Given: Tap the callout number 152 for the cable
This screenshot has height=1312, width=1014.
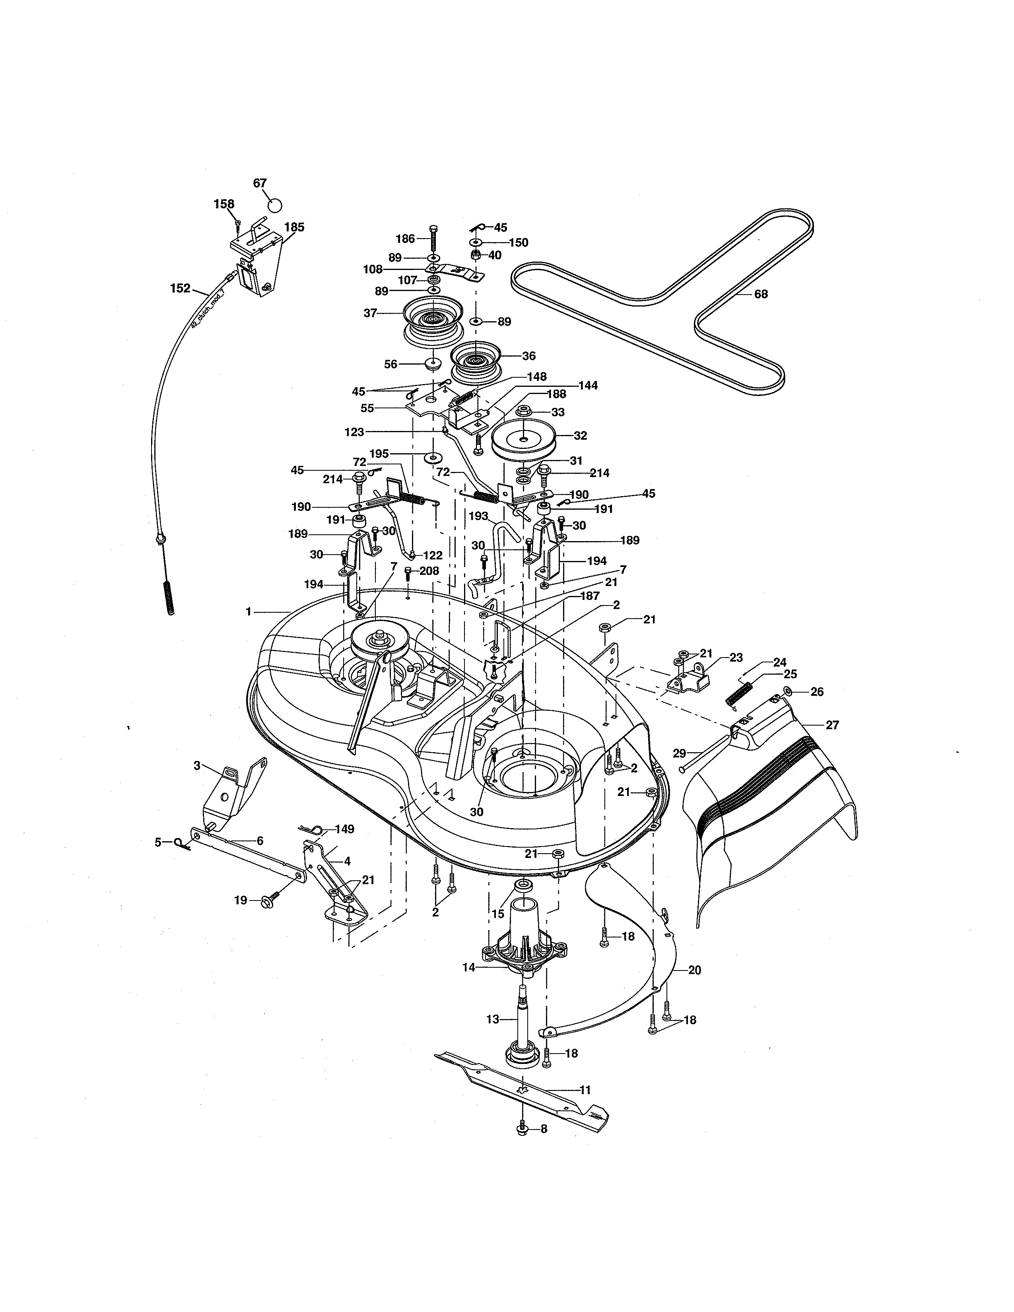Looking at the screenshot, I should [180, 288].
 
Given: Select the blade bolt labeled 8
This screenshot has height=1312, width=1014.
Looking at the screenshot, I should [522, 1129].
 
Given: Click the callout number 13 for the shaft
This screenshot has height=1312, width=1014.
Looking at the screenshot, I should [493, 1019].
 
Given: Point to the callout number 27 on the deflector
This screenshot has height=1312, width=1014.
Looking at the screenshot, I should [831, 725].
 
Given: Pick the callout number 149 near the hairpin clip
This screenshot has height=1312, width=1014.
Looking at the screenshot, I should [344, 829].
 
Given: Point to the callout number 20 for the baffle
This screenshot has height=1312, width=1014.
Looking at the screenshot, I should [694, 970].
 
